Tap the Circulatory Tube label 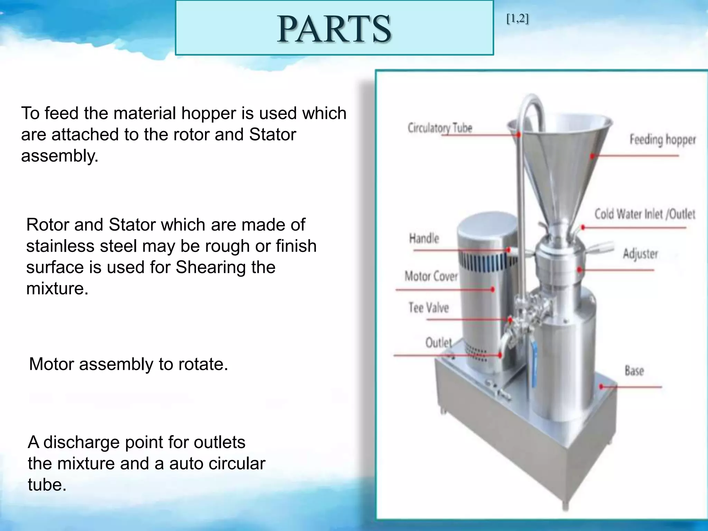440,128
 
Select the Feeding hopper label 662,140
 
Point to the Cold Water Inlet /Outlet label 645,214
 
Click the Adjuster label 640,254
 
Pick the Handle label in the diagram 424,239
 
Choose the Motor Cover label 431,276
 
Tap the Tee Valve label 429,308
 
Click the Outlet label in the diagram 438,343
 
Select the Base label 634,371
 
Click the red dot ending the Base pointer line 601,386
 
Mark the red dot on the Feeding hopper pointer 592,156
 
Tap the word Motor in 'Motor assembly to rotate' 52,364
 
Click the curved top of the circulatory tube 532,100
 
